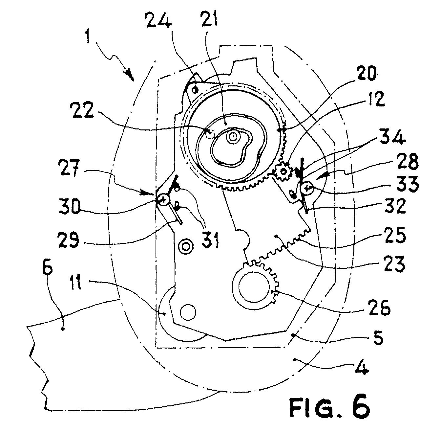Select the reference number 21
tap(209, 17)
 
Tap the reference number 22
tap(82, 110)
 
